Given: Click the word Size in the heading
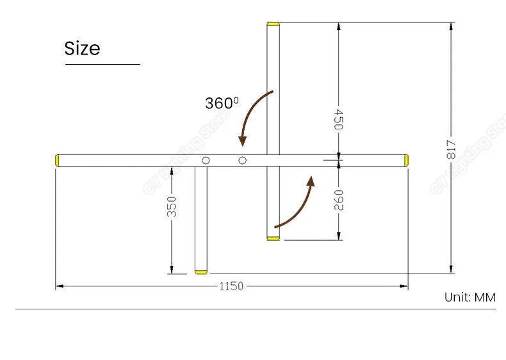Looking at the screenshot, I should pos(82,49).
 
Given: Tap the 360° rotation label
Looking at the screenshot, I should pos(222,102).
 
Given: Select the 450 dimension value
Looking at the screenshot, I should pos(338,119).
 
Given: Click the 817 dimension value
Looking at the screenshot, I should pos(451,149).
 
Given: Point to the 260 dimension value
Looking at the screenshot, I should pos(338,200).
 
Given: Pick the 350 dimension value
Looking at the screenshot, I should pos(172,206).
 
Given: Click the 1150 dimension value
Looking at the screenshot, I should pos(231,286).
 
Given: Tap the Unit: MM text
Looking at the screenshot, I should pos(469,297).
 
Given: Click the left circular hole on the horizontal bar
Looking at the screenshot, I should pos(206,160).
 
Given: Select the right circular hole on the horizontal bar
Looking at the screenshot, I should pos(242,160).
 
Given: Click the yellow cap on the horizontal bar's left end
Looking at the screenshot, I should pos(58,160).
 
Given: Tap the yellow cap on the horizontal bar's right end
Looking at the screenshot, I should pos(405,160).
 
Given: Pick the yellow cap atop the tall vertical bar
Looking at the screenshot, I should pos(273,24).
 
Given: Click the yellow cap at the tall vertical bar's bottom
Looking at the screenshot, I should pos(273,238).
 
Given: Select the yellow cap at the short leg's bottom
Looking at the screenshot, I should pos(202,272).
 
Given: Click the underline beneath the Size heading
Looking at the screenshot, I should pos(102,64).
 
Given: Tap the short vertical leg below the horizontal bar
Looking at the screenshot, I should pos(202,218).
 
